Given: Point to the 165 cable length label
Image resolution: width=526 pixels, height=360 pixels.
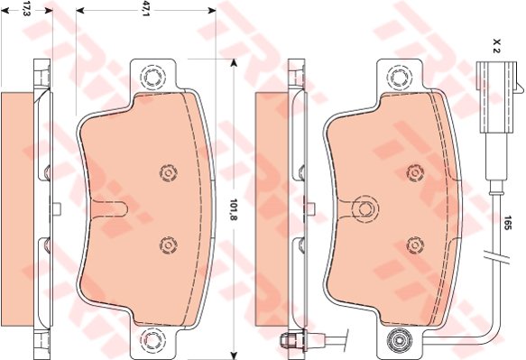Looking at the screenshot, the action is [506, 223].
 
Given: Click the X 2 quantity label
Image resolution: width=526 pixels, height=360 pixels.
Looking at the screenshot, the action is [496, 45].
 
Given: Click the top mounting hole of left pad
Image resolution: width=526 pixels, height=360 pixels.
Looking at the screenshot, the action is [153, 78].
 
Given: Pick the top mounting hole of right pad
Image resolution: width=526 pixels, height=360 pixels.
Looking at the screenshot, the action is [400, 78].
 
